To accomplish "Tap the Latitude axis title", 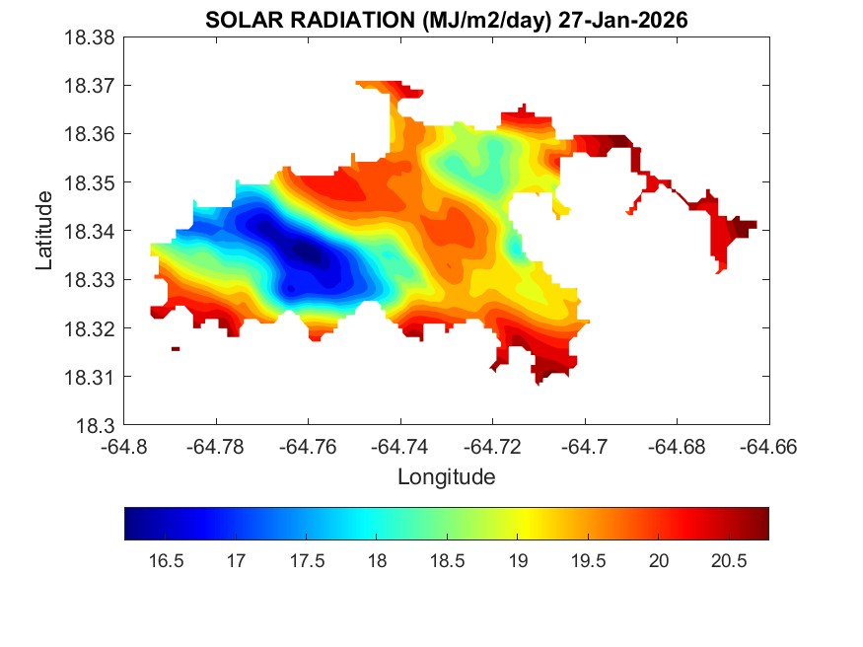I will point(44,231).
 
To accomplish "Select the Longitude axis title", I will point(446,477).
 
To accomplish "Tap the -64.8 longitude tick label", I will point(125,446).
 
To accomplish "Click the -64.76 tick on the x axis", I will point(309,446).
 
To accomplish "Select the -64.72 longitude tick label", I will point(493,446).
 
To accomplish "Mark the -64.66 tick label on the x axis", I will point(768,446).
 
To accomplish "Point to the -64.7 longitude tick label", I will point(585,446).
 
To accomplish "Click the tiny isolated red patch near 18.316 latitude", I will point(176,348).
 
